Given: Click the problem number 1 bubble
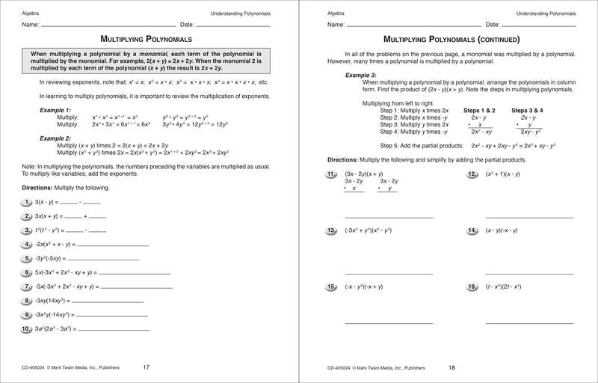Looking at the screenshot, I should [26, 202].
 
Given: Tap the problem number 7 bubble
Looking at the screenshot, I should [26, 287].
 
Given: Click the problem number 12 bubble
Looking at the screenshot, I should [472, 174].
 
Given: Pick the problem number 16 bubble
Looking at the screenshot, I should [472, 287].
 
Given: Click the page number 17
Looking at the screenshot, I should [147, 367].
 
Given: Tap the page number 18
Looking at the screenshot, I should [451, 367].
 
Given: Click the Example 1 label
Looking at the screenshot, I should [55, 110].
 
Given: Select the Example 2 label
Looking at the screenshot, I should [55, 138].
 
